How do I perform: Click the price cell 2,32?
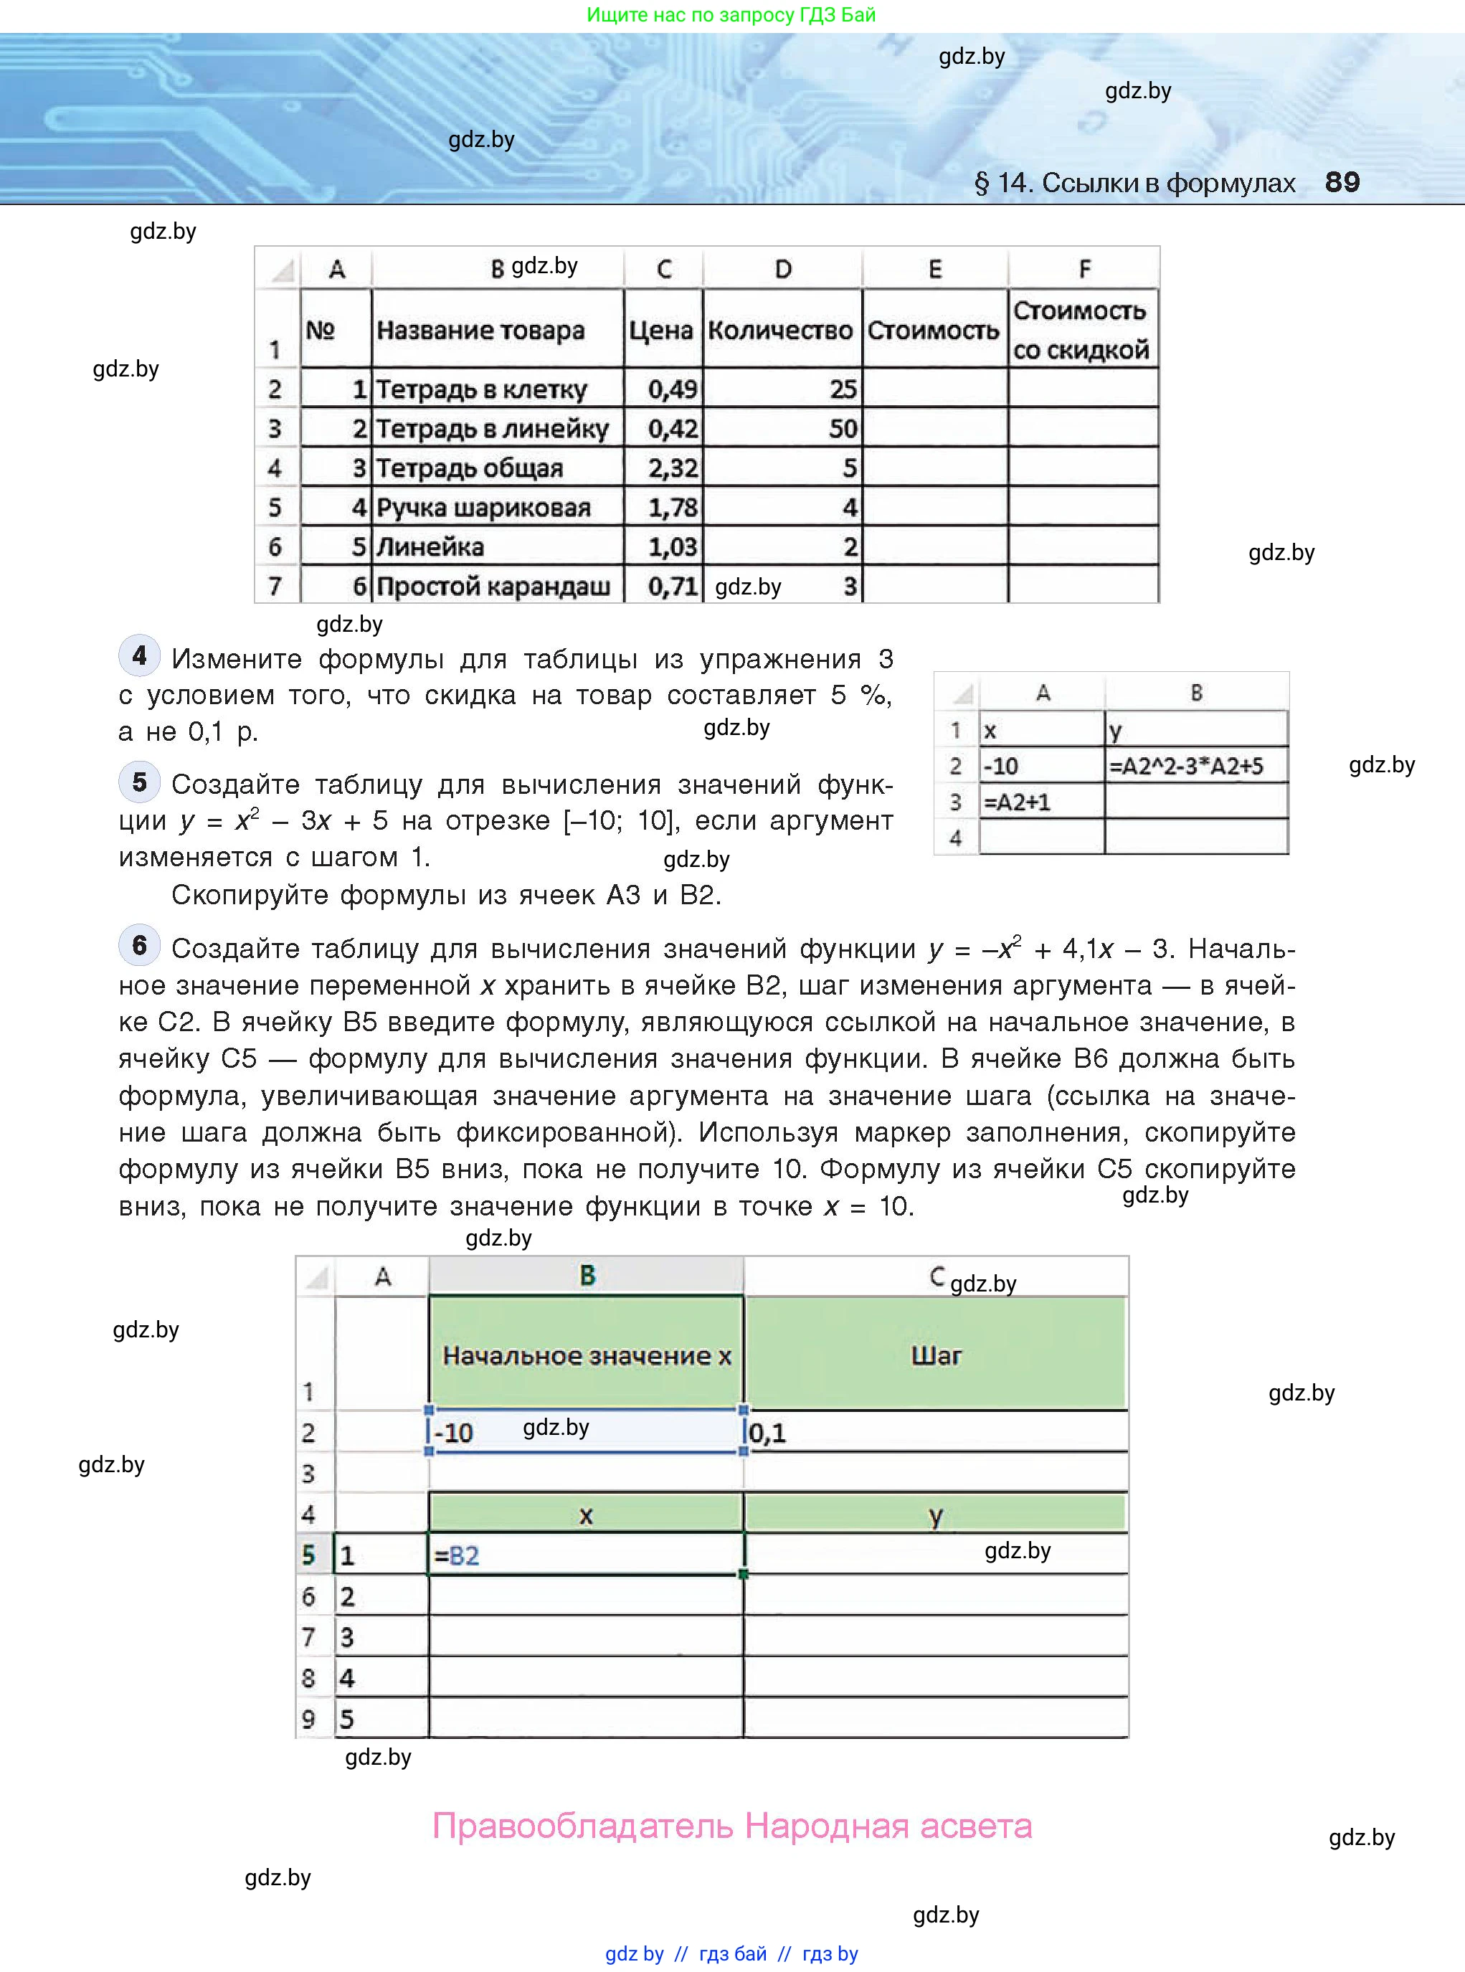point(672,468)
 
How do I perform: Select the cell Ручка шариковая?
point(483,507)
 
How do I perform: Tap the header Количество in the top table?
point(780,330)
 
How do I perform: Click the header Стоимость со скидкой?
point(1081,330)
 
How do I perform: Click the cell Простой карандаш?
point(493,586)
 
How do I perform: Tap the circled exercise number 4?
point(139,656)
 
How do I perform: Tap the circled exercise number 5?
point(139,782)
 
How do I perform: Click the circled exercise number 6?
point(139,945)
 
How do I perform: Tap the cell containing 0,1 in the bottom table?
point(768,1433)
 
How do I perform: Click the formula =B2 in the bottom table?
point(457,1556)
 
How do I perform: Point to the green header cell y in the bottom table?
point(936,1515)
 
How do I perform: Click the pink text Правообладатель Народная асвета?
point(731,1826)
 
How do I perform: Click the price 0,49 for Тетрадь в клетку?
point(672,389)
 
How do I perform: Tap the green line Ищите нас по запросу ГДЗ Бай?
point(731,15)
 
